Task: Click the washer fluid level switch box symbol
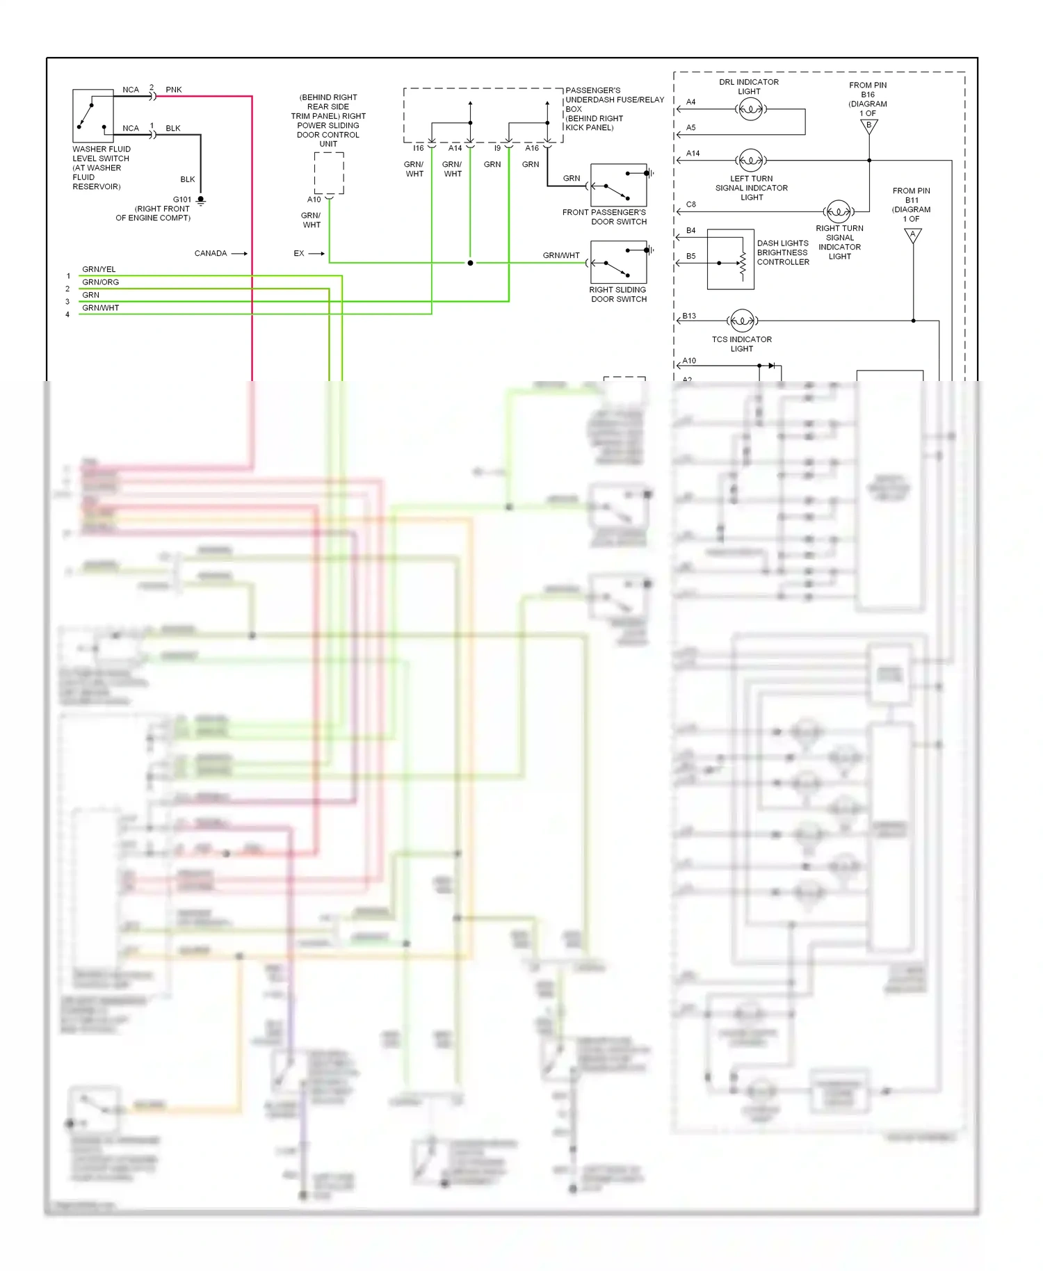click(93, 115)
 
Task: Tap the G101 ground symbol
click(201, 201)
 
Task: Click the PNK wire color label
click(174, 90)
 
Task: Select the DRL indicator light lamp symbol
click(750, 109)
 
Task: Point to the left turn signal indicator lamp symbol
click(750, 161)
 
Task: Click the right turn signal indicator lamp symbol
click(838, 211)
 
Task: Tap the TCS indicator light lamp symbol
click(742, 321)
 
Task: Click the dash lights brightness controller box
click(730, 259)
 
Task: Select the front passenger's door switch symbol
click(618, 185)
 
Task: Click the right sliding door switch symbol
click(618, 262)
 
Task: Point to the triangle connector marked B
click(869, 127)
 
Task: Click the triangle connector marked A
click(913, 236)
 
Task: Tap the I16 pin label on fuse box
click(418, 148)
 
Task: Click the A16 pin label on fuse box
click(532, 148)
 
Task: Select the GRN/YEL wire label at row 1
click(99, 269)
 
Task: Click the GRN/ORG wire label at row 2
click(100, 282)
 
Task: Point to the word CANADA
click(211, 253)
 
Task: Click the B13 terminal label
click(689, 316)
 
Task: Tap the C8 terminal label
click(690, 204)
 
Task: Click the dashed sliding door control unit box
click(329, 173)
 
